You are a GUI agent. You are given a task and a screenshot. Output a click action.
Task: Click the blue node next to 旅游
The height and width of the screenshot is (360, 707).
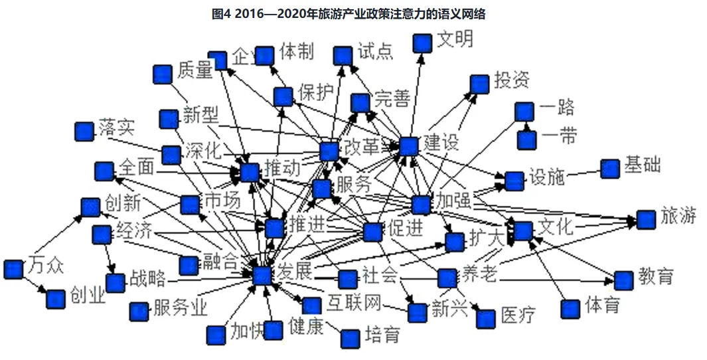(x=646, y=219)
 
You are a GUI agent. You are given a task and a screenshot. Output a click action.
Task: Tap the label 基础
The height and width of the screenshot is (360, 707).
(x=642, y=165)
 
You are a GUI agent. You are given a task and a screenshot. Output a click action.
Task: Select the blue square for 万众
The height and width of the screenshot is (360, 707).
(x=13, y=269)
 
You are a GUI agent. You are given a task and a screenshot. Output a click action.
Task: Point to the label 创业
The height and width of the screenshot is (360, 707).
(x=88, y=296)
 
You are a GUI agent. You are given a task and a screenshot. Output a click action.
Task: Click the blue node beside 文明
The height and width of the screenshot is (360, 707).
(x=423, y=43)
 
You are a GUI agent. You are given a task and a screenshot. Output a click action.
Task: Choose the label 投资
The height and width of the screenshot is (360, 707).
(x=511, y=81)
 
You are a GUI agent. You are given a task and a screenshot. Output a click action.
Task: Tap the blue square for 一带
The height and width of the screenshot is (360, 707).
(x=526, y=140)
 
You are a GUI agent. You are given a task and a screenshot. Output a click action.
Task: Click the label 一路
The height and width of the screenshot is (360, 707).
(x=557, y=108)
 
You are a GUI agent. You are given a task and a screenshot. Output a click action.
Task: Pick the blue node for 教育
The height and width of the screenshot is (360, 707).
(x=623, y=280)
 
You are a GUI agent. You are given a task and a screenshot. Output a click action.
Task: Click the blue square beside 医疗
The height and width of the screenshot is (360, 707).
(x=486, y=319)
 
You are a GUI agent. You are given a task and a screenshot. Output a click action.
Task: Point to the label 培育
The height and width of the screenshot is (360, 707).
(x=382, y=335)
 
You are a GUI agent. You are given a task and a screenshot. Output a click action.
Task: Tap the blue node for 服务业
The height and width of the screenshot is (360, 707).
(x=139, y=311)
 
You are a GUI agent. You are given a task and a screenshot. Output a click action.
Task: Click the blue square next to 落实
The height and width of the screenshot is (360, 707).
(x=84, y=132)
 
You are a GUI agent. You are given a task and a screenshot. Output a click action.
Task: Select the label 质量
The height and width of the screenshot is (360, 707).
(x=195, y=70)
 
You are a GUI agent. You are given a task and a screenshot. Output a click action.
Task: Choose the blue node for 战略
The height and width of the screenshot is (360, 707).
(x=116, y=283)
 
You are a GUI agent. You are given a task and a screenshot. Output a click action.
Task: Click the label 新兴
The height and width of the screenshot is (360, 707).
(x=449, y=309)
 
